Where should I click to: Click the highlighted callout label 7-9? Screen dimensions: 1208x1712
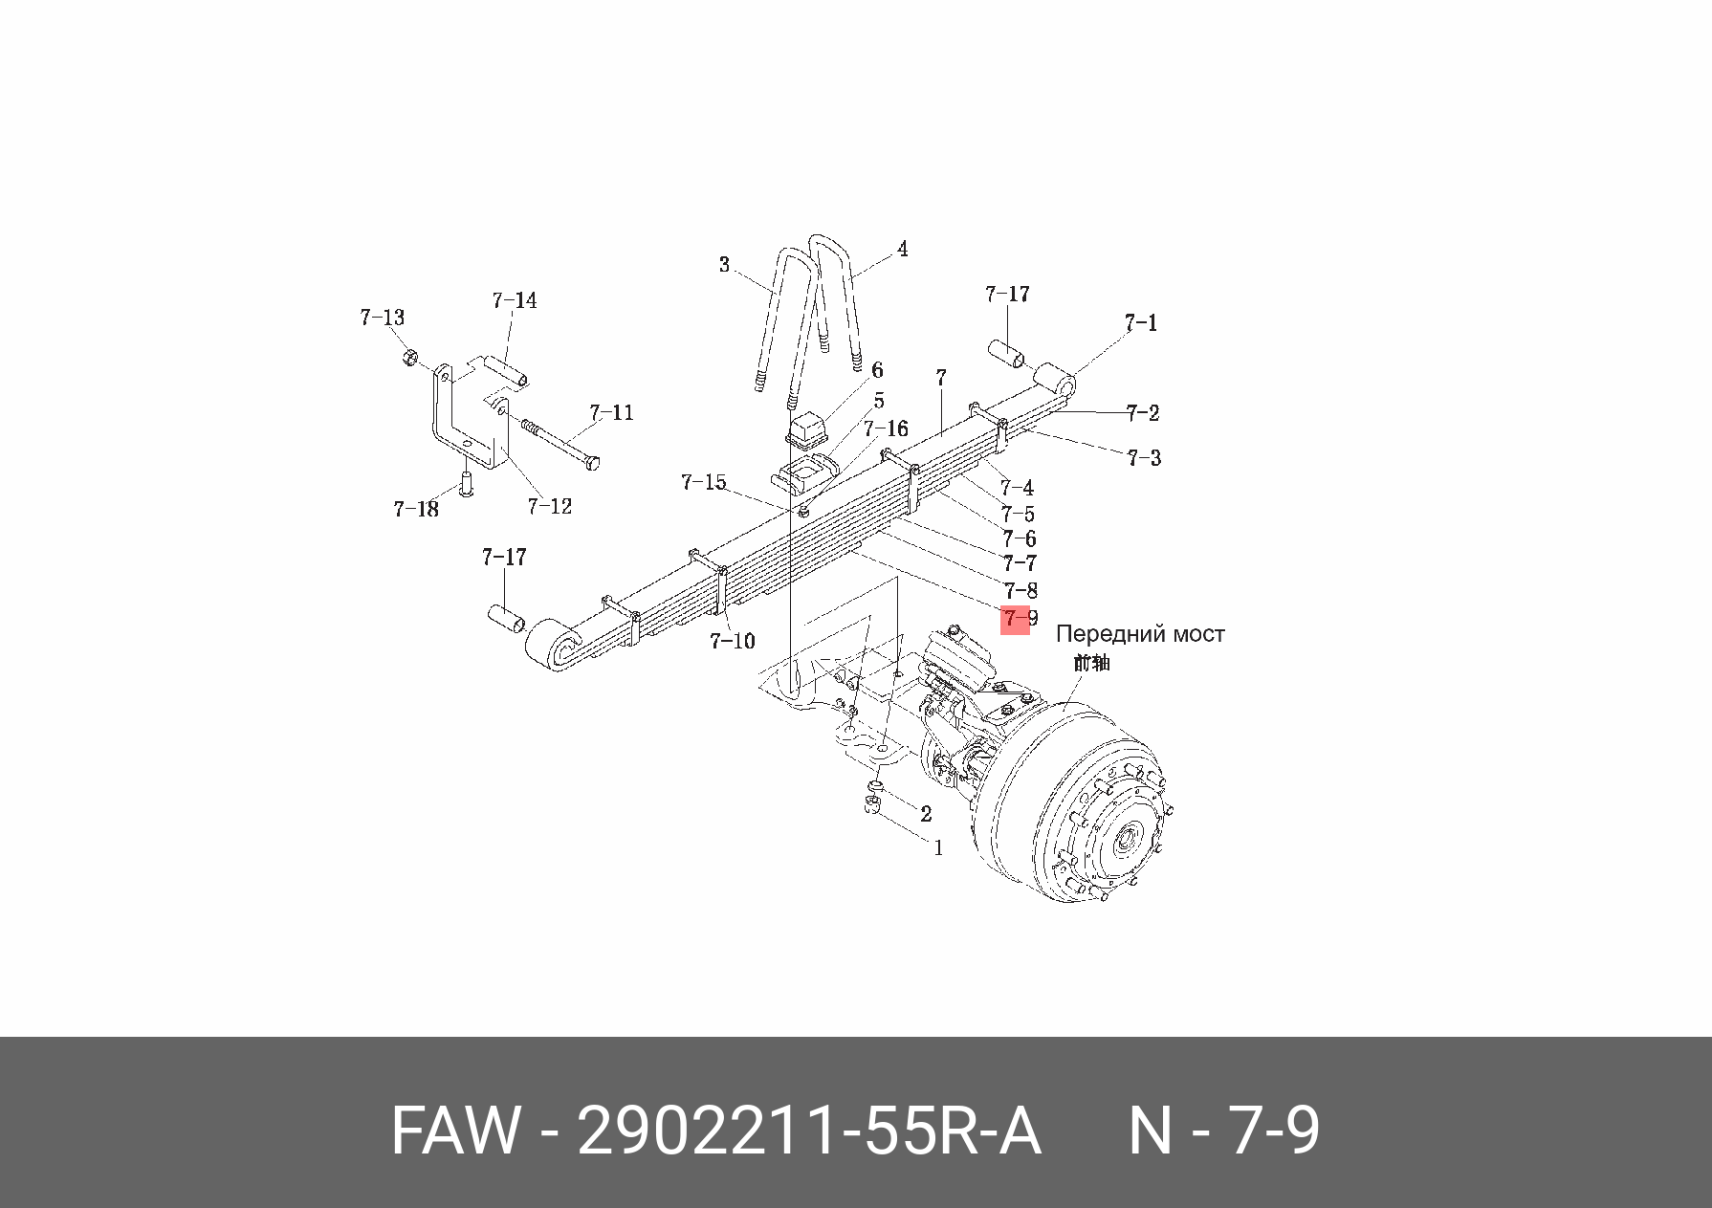coord(1018,619)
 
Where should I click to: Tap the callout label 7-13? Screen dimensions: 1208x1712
coord(382,318)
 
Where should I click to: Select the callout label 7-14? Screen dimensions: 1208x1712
coord(515,301)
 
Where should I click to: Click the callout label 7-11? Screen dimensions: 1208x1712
coord(611,413)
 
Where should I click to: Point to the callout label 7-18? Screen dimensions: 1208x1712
coord(416,509)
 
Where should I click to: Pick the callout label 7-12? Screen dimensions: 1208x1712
coord(549,506)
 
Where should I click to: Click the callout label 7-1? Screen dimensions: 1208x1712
coord(1140,323)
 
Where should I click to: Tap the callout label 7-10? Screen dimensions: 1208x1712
coord(732,641)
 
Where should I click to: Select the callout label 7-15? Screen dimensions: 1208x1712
coord(704,483)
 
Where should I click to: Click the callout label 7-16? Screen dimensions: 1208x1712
coord(886,429)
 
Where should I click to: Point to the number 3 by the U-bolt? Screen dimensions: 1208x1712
coord(724,265)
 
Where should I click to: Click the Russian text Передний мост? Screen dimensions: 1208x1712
coord(1139,634)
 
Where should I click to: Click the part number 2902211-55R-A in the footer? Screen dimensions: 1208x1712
coord(808,1131)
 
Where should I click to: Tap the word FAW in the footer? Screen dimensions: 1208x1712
coord(456,1131)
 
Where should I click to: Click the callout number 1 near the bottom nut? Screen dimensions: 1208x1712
coord(938,847)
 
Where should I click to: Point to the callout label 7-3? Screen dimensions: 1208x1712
coord(1144,458)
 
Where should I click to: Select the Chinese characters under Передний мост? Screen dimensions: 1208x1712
coord(1091,662)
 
